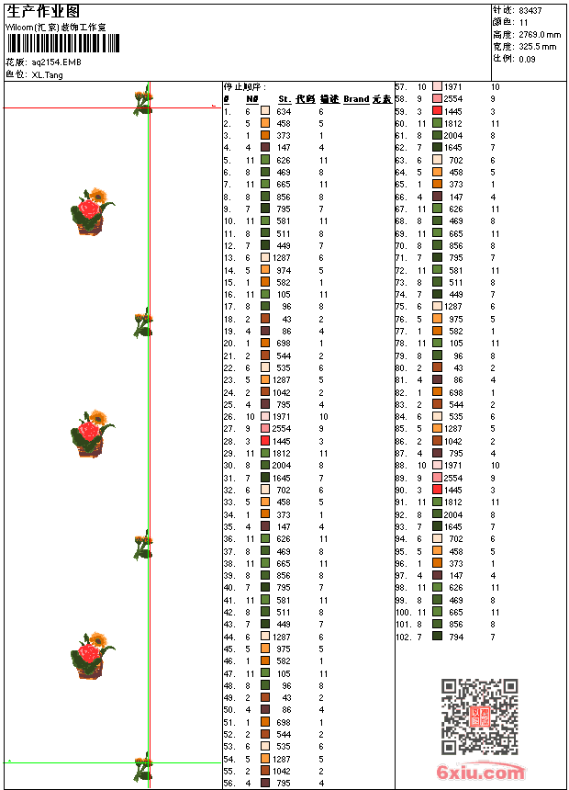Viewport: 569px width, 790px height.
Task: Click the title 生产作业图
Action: (x=43, y=11)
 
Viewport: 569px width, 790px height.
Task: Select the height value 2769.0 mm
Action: (x=538, y=34)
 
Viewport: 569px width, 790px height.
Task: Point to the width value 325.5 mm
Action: (x=538, y=46)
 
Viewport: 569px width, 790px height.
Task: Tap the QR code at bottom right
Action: (x=479, y=717)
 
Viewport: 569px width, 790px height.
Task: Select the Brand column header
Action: (x=356, y=99)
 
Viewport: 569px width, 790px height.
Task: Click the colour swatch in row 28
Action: (x=265, y=441)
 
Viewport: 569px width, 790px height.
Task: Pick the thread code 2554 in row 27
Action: (x=281, y=429)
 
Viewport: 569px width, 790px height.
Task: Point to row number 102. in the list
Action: (x=403, y=637)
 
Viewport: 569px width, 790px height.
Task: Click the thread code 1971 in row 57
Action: (x=452, y=86)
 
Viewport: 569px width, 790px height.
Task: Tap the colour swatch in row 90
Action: (x=437, y=490)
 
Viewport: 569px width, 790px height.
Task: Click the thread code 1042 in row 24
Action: (x=281, y=392)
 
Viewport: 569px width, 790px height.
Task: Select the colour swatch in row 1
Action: (x=265, y=110)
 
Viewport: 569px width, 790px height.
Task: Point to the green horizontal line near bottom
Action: (x=73, y=762)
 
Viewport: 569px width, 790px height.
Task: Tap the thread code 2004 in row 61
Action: (x=452, y=135)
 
